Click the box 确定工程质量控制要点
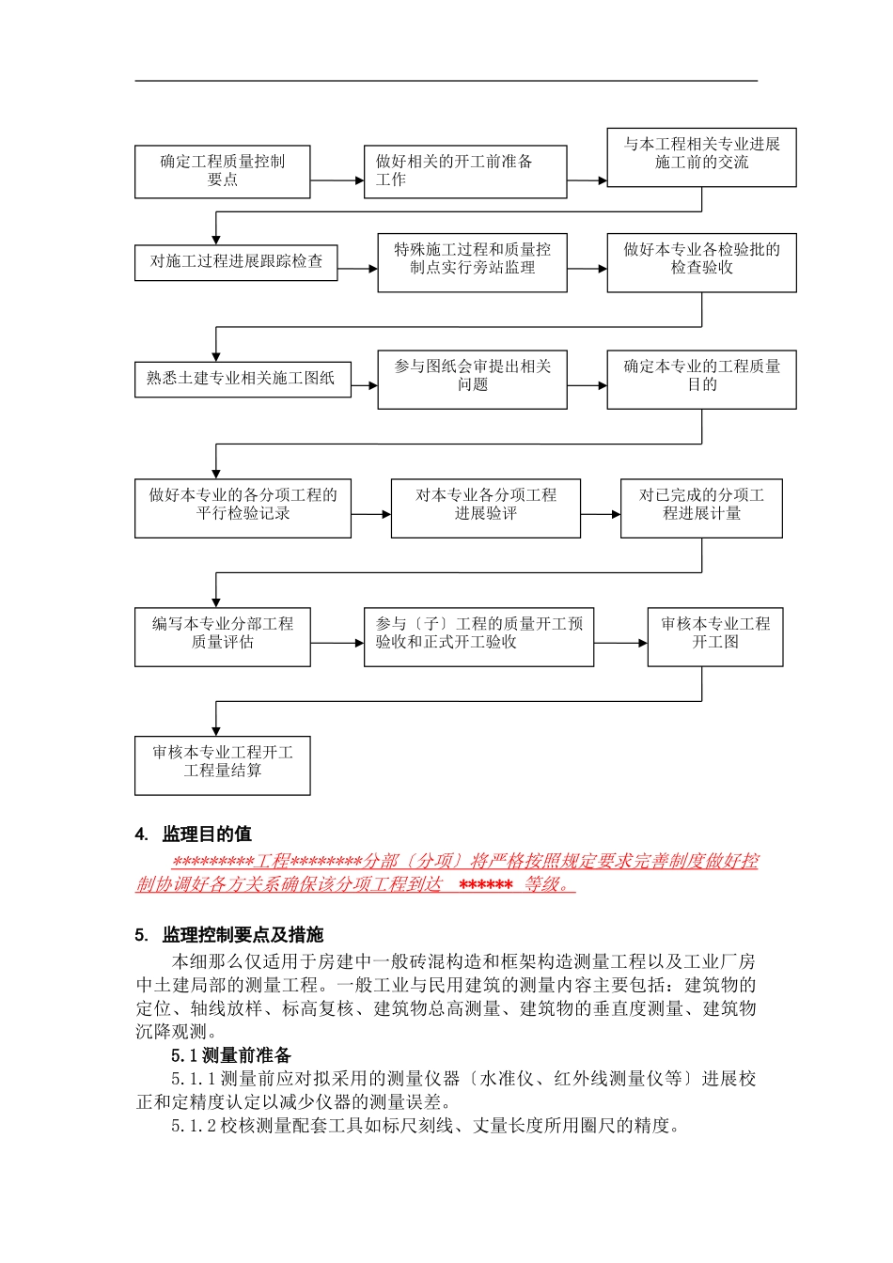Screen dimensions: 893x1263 click(222, 171)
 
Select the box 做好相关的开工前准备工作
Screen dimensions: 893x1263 click(464, 171)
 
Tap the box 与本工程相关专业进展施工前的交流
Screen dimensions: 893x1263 click(701, 157)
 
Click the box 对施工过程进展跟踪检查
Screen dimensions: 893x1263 click(236, 261)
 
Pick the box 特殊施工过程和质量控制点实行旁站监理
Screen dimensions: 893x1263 click(472, 262)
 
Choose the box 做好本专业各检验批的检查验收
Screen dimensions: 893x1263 click(701, 262)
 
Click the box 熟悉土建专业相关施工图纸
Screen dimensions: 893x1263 click(243, 379)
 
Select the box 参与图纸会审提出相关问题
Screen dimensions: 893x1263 click(472, 379)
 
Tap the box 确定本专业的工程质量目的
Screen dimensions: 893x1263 click(701, 379)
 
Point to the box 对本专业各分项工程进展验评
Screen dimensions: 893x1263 click(485, 508)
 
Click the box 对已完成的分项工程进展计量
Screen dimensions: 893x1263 click(701, 508)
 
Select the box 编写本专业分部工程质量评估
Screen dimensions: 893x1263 click(222, 636)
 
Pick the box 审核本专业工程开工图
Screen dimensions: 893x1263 click(714, 636)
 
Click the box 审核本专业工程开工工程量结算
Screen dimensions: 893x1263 click(222, 765)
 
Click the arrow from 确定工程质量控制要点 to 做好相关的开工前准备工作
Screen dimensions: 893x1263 click(337, 180)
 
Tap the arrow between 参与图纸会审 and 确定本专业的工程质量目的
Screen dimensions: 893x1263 click(587, 385)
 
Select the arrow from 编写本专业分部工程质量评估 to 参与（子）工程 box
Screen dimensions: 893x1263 click(337, 644)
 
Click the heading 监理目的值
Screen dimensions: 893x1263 click(207, 834)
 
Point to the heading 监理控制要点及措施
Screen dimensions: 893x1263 click(243, 935)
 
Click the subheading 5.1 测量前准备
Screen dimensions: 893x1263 click(231, 1055)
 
